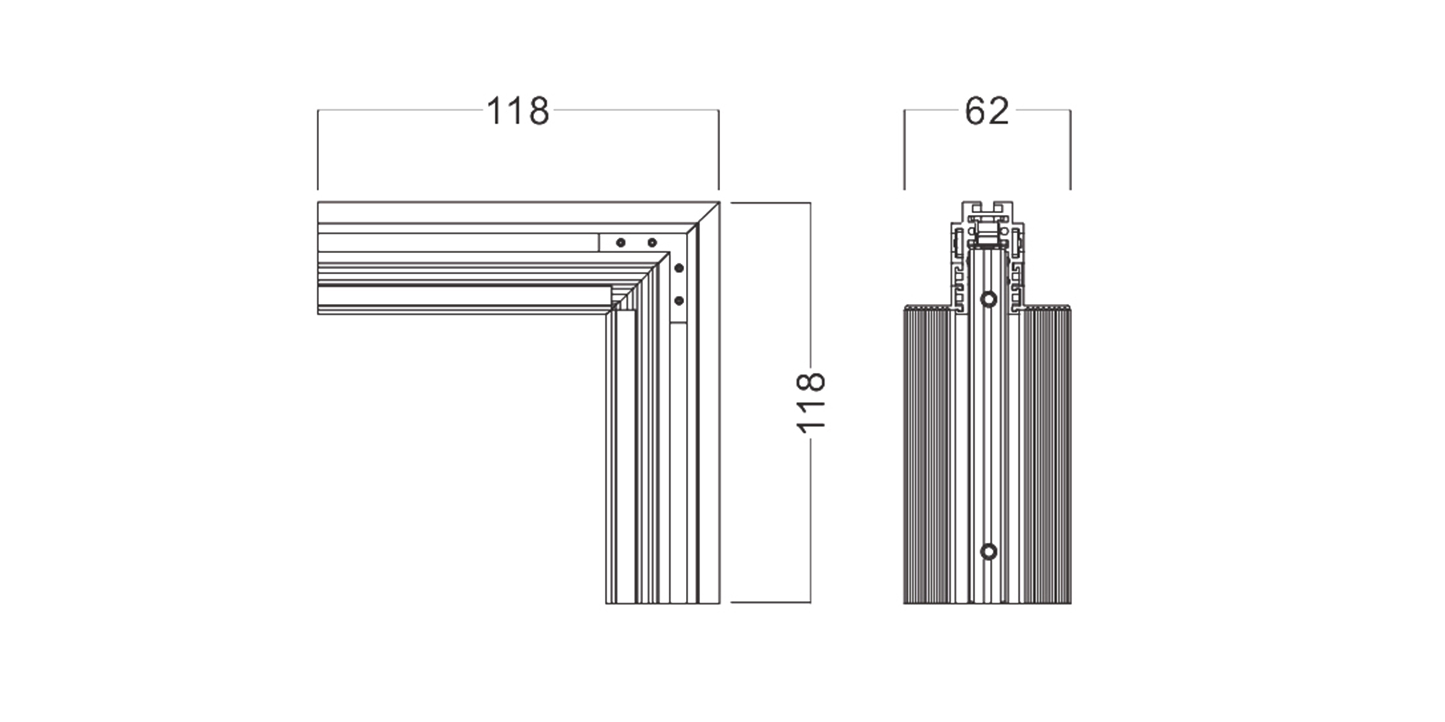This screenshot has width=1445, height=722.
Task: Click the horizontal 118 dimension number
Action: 518,111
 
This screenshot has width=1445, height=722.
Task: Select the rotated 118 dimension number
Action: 810,402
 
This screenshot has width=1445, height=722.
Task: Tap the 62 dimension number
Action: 986,111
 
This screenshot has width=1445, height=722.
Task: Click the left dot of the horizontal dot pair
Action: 620,243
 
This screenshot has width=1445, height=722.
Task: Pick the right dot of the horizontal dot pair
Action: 652,243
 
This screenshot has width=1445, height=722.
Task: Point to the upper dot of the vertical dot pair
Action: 679,268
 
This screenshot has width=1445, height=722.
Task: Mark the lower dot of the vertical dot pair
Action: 679,301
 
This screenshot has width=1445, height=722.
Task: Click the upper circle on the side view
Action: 988,299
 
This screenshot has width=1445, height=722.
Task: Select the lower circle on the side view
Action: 988,552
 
